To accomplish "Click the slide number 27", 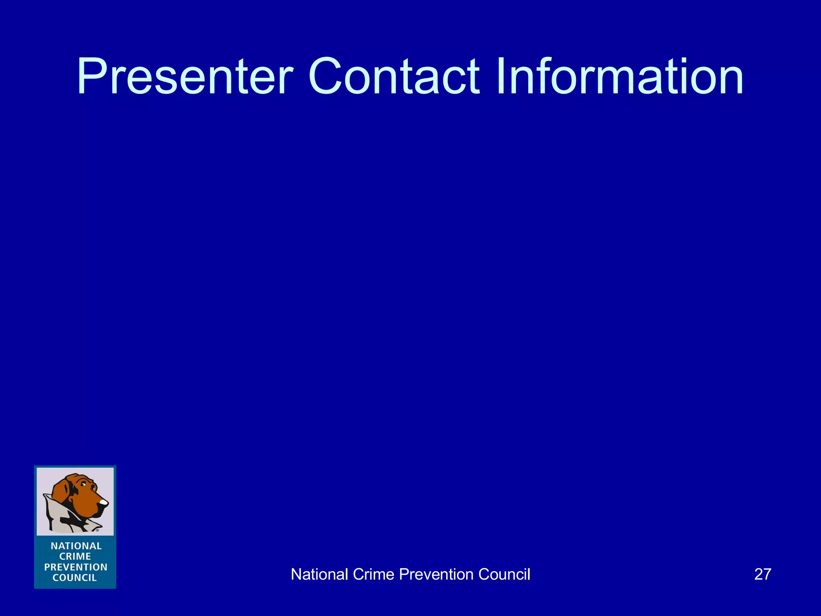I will [762, 574].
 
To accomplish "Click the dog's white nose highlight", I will [103, 502].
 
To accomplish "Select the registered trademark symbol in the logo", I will [97, 530].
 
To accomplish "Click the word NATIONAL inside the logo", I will [76, 546].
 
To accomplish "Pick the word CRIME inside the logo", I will [75, 556].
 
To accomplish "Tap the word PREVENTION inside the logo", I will [76, 567].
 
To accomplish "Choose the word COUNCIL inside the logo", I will [75, 578].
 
